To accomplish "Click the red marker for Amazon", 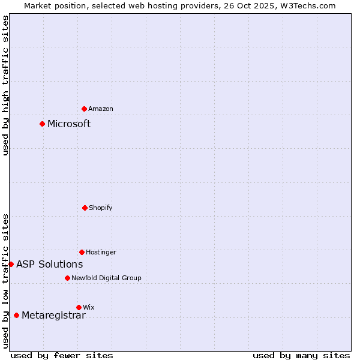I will pos(85,109).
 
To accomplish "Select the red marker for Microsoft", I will pos(42,124).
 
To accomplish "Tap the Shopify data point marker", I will pos(85,208).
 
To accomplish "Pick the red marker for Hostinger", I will pos(82,252).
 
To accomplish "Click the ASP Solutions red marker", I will pos(11,264).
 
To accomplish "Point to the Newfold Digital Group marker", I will pos(67,278).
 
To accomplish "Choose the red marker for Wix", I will pos(79,307).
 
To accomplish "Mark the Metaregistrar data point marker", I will pos(16,315).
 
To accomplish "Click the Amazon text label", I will pos(101,109).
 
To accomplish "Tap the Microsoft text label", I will pos(69,124).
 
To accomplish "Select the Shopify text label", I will pos(101,208).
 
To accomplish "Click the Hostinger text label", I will pos(101,252).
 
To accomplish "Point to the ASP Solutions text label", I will pos(49,264).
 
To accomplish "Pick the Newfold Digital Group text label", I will pos(106,278).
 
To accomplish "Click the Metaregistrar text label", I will pos(53,316).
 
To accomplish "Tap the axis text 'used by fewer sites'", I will pos(62,355).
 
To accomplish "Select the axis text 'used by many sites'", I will pos(301,355).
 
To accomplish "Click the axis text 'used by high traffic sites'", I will pos(5,85).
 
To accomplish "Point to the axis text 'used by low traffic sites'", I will pos(5,281).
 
